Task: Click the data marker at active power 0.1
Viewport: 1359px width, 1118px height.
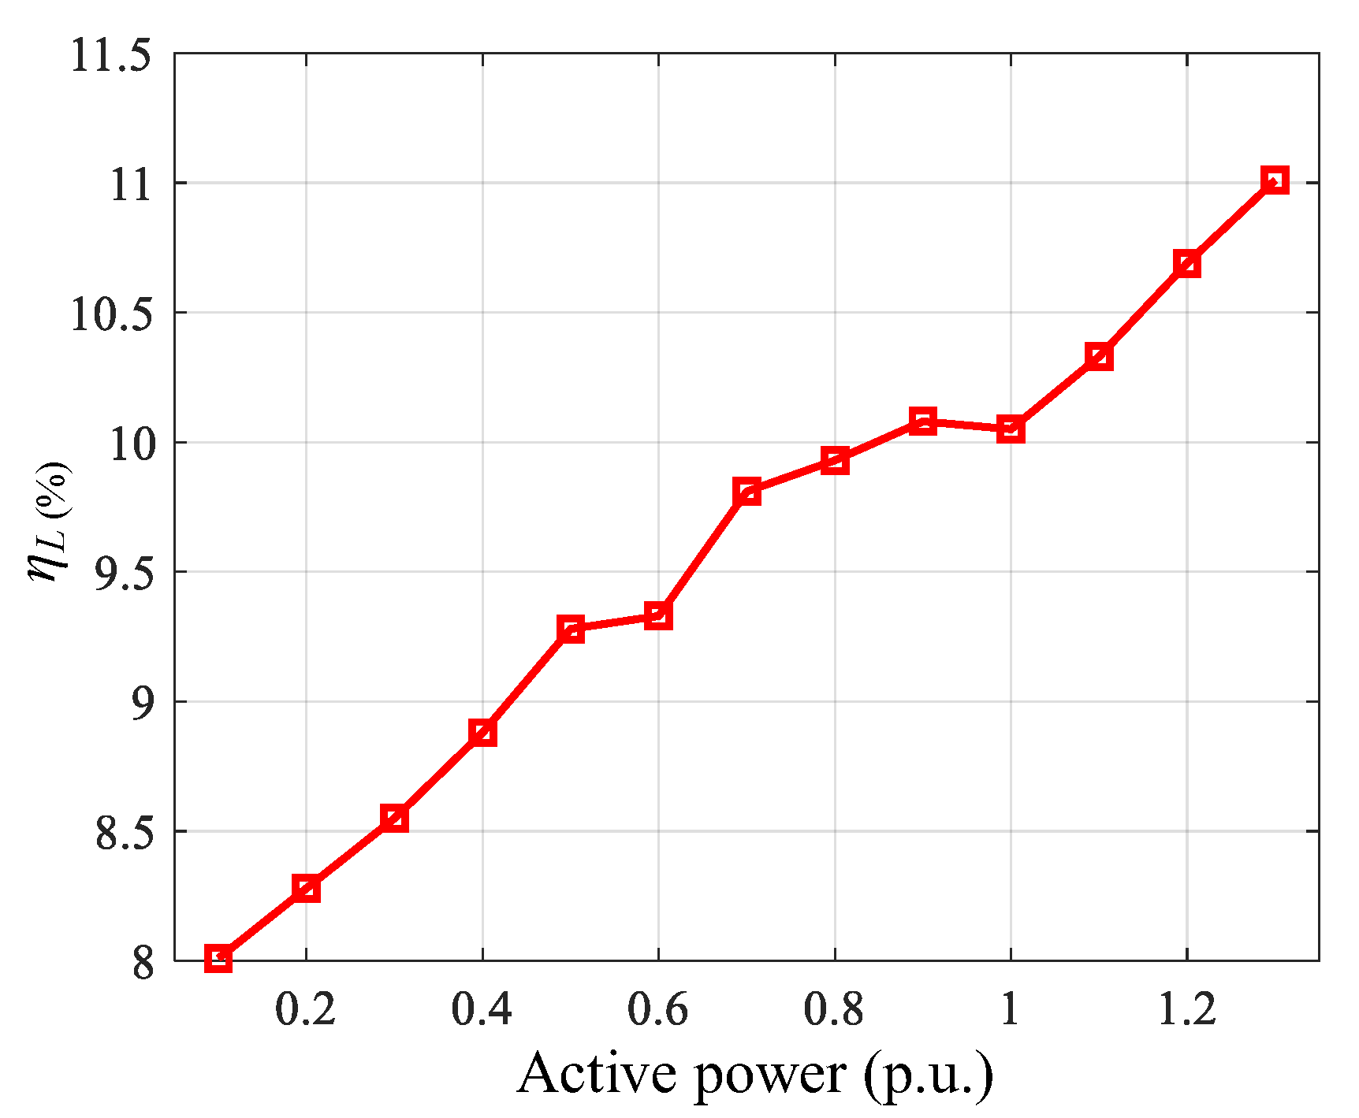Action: point(218,958)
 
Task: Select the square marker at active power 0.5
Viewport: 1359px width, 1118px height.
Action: point(571,629)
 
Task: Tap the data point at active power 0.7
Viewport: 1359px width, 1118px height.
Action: point(747,492)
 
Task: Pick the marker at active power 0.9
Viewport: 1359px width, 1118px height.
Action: point(922,421)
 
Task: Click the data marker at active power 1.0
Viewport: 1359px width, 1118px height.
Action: point(1011,429)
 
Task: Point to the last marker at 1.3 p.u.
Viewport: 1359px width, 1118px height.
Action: point(1275,180)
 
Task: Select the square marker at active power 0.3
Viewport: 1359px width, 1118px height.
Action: point(394,818)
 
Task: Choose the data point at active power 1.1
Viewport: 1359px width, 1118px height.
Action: point(1099,357)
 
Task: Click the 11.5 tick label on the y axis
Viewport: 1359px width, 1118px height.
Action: point(110,57)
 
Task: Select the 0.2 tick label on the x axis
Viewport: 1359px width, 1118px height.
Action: point(305,1009)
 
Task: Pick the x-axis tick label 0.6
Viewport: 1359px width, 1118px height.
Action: point(657,1009)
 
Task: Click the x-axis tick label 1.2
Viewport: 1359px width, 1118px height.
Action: point(1186,1009)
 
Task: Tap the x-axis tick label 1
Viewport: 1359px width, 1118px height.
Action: point(1011,1009)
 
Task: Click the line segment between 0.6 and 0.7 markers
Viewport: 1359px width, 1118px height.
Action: point(702,554)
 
